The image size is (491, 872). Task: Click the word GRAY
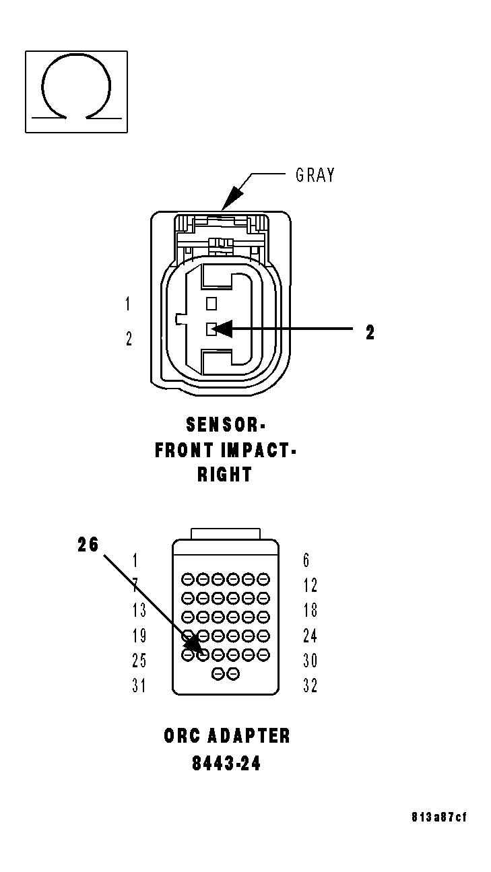(x=315, y=176)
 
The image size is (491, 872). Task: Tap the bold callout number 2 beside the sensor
(x=370, y=333)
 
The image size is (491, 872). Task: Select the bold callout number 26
(x=88, y=545)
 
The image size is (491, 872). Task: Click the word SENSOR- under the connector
(x=226, y=425)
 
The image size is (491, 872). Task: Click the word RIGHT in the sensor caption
(x=224, y=474)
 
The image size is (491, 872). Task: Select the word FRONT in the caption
(x=185, y=450)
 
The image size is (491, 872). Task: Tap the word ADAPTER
(x=249, y=735)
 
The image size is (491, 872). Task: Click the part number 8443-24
(x=226, y=764)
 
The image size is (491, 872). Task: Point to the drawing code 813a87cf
(x=438, y=817)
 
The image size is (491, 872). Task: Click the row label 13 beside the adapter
(x=139, y=610)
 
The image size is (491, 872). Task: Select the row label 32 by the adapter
(x=310, y=685)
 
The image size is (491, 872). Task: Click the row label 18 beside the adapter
(x=310, y=610)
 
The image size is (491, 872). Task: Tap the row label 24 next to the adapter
(x=310, y=635)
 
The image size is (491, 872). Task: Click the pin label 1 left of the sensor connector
(x=128, y=304)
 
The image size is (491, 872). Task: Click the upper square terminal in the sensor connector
(x=211, y=303)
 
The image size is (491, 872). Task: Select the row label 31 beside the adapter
(x=139, y=685)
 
